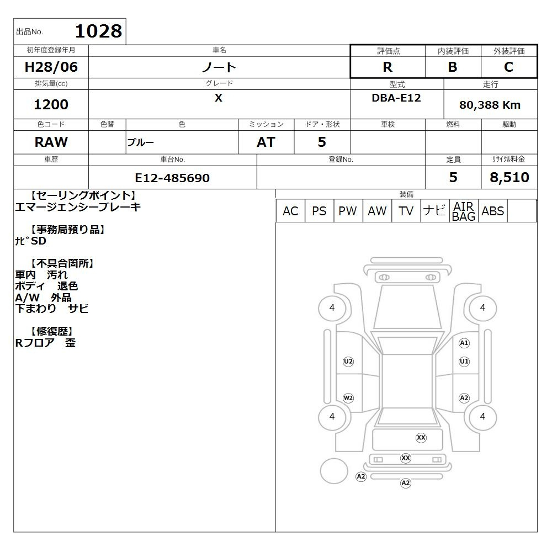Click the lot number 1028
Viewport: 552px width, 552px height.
(x=99, y=31)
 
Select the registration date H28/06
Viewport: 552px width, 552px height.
(x=51, y=67)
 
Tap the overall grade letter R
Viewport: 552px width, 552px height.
(x=388, y=67)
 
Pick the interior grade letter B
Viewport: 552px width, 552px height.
(x=453, y=67)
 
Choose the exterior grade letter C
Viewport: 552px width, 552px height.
(x=508, y=67)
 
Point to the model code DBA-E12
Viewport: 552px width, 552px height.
(x=396, y=98)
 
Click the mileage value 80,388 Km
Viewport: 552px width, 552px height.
(x=490, y=105)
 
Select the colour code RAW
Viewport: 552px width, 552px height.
(x=51, y=142)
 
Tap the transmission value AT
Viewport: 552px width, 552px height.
(x=266, y=142)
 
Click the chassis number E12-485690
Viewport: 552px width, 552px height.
(x=172, y=178)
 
